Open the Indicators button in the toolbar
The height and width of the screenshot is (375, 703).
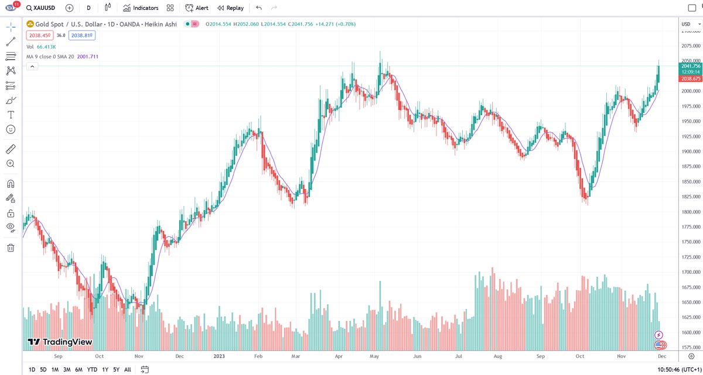pos(141,8)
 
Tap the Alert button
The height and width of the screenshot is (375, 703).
pos(197,8)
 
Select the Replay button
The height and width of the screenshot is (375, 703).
pos(230,8)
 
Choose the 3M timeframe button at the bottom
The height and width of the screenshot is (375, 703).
pos(67,369)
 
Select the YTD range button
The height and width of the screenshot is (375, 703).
pos(92,369)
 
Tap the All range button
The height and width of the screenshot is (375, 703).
pos(128,369)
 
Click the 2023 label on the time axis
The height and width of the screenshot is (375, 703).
pos(219,356)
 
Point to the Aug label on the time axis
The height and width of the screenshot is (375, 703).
pos(498,356)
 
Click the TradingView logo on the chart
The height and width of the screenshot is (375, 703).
pos(60,342)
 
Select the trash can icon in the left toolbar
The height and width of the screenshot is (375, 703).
pos(11,247)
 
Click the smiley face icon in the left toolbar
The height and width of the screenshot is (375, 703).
pos(11,129)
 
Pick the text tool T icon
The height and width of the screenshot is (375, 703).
pos(11,115)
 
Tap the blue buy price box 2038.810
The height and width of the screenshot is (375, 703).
pos(82,35)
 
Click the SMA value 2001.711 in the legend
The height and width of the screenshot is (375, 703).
pos(88,57)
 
